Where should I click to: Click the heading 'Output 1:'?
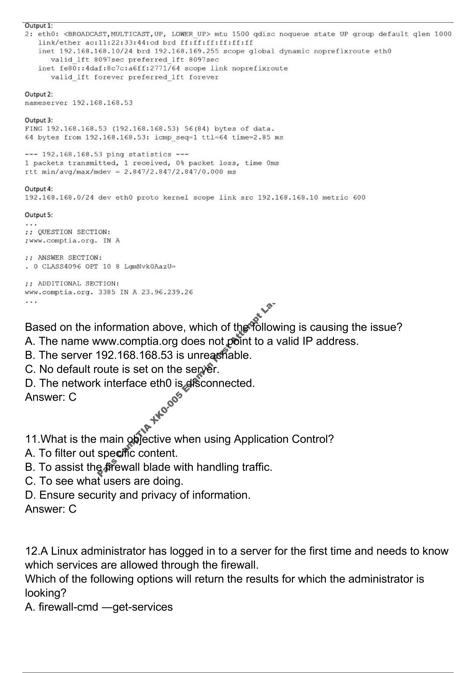(x=39, y=26)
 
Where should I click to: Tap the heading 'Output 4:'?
(x=39, y=189)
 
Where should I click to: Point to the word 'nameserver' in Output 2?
(x=46, y=103)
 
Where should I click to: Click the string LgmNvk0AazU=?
(x=150, y=266)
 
